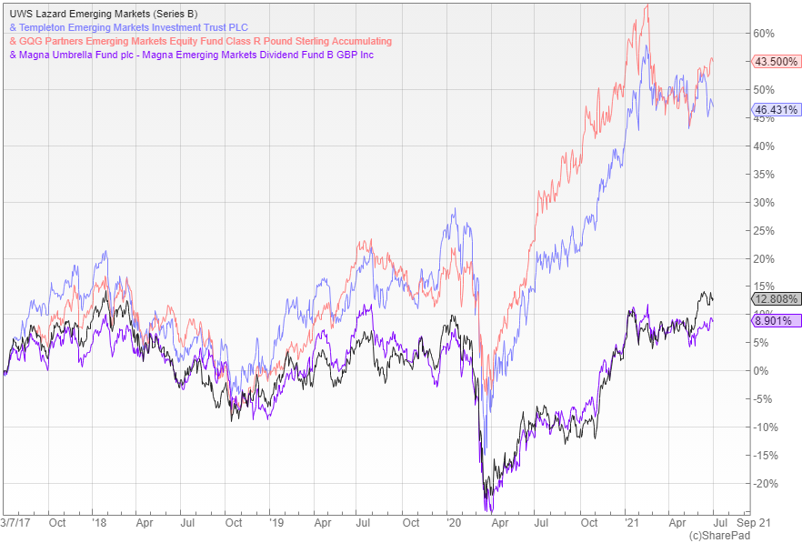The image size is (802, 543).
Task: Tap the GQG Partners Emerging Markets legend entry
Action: pos(200,41)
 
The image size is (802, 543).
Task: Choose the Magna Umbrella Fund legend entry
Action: pos(192,55)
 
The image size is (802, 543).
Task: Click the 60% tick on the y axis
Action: pos(764,34)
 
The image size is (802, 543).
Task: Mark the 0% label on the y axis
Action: pos(761,371)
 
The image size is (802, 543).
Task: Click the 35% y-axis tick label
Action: pos(764,175)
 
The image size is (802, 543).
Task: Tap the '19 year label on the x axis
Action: pos(276,523)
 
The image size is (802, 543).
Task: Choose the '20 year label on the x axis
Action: pos(454,523)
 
